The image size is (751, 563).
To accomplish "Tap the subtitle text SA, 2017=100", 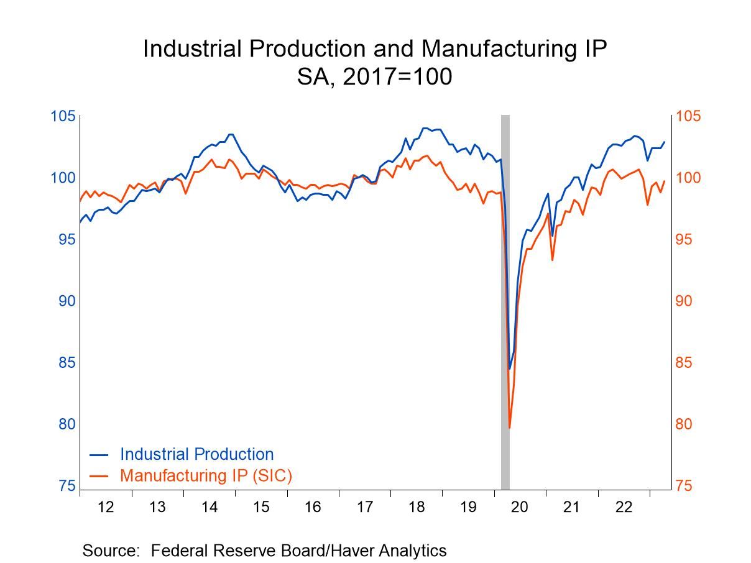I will (374, 78).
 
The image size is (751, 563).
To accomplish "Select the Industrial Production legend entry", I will (196, 454).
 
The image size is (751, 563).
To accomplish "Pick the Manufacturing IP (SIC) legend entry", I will (206, 475).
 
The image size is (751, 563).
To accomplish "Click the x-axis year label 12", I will (106, 507).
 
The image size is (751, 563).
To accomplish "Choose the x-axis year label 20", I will (519, 507).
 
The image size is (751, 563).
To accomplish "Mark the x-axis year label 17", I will (364, 507).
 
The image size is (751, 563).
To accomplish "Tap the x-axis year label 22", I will (624, 507).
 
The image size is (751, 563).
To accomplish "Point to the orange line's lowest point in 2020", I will (509, 428).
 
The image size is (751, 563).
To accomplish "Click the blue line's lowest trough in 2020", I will (510, 369).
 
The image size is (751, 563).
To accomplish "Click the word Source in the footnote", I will (110, 550).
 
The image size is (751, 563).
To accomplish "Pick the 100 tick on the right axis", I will (688, 178).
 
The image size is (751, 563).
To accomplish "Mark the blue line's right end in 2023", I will (665, 142).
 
